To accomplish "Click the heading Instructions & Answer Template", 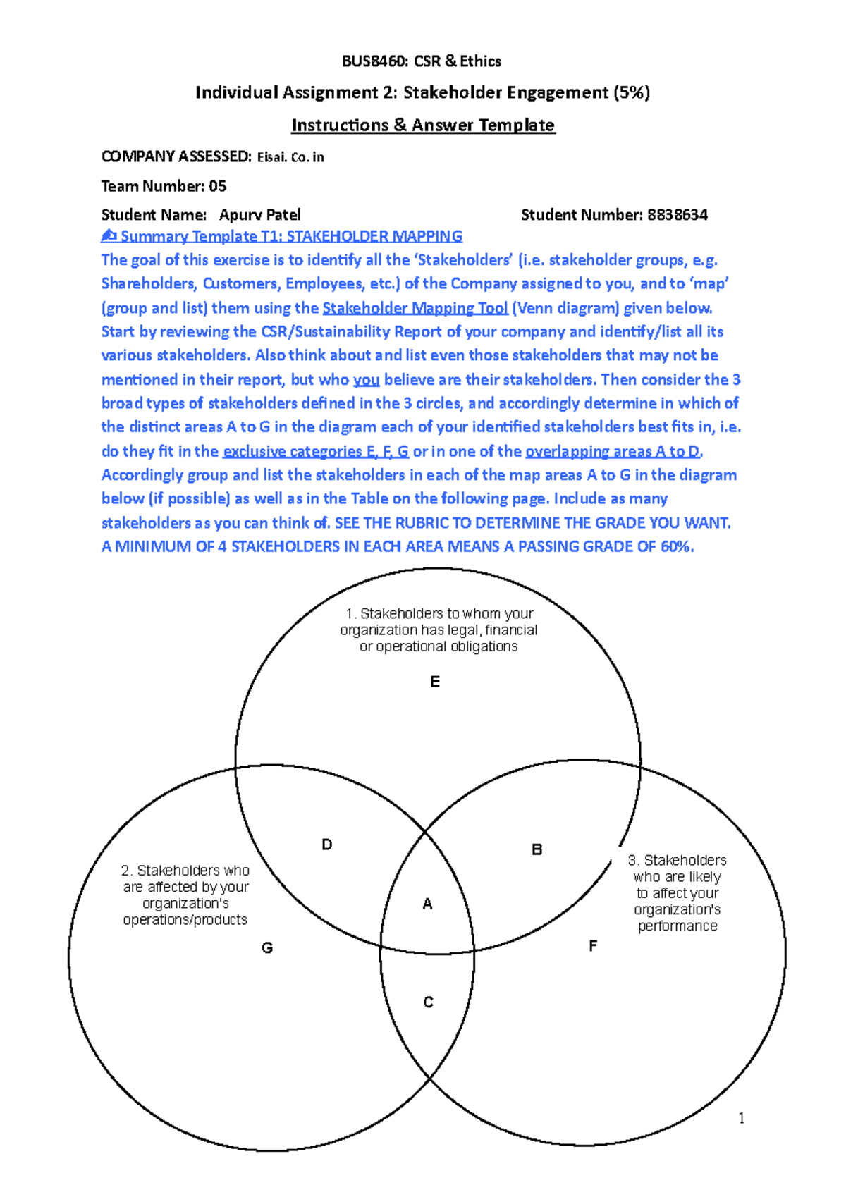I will coord(423,125).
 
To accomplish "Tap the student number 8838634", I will coord(677,215).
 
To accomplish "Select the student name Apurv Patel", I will coord(259,215).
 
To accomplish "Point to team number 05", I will coord(217,186).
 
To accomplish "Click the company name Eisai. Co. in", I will coord(290,157).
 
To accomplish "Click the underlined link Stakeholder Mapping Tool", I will coord(415,308).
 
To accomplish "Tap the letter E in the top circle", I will coord(435,682).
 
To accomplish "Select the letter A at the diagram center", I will coord(427,904).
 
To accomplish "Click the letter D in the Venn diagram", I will coord(326,845).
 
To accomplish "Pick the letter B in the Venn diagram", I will coord(537,849).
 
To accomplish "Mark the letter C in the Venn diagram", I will coord(429,1002).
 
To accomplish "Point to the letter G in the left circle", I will coord(267,948).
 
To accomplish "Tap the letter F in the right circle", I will coord(593,946).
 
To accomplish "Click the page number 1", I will coord(741,1117).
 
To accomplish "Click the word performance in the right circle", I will coord(678,926).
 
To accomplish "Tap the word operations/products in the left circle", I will coord(185,920).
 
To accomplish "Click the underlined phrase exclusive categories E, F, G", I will coord(316,451).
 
